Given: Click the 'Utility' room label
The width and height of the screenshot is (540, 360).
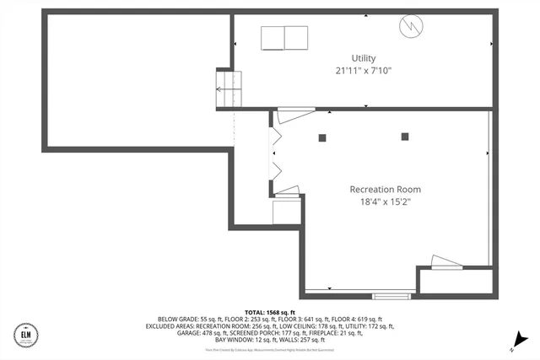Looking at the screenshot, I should click(x=364, y=58).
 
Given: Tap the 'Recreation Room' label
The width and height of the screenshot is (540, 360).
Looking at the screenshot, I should click(x=385, y=189).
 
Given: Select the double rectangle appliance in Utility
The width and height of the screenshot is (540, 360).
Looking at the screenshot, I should click(x=284, y=39).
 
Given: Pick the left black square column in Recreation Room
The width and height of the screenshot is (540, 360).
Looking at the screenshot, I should click(x=322, y=137).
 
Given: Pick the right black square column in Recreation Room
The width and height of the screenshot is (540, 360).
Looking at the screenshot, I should click(x=405, y=137).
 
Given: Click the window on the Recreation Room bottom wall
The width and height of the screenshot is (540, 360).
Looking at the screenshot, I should click(x=388, y=295).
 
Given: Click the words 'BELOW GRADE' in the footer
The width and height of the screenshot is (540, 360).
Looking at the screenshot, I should click(x=167, y=320).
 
